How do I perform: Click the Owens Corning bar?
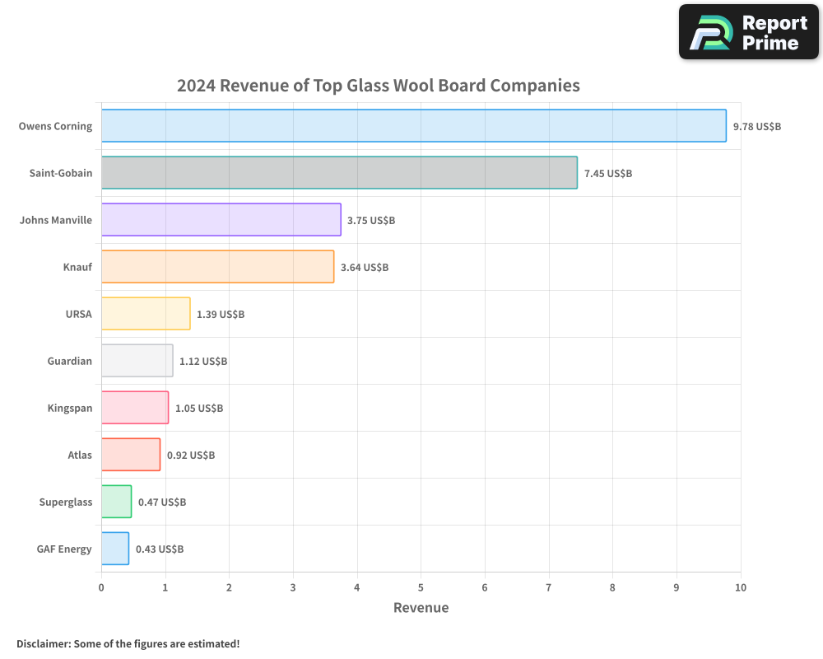pyautogui.click(x=413, y=126)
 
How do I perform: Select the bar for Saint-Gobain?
pyautogui.click(x=339, y=173)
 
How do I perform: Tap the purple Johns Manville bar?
pyautogui.click(x=221, y=220)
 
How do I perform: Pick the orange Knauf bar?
pyautogui.click(x=217, y=267)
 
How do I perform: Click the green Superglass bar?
pyautogui.click(x=116, y=502)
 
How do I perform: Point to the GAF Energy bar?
pyautogui.click(x=115, y=549)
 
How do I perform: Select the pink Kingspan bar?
pyautogui.click(x=135, y=408)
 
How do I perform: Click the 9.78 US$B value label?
pyautogui.click(x=757, y=127)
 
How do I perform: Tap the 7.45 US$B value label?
pyautogui.click(x=608, y=174)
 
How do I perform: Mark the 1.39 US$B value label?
pyautogui.click(x=221, y=315)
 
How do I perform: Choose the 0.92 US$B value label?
pyautogui.click(x=191, y=456)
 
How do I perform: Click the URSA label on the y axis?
pyautogui.click(x=78, y=314)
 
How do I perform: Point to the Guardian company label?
pyautogui.click(x=70, y=361)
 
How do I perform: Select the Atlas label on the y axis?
pyautogui.click(x=80, y=455)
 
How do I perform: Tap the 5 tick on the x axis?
pyautogui.click(x=421, y=587)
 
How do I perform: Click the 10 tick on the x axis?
pyautogui.click(x=741, y=587)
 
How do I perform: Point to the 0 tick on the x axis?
pyautogui.click(x=101, y=587)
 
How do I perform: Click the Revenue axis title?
pyautogui.click(x=421, y=608)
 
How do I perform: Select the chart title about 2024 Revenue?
pyautogui.click(x=379, y=86)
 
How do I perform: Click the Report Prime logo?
pyautogui.click(x=749, y=32)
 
